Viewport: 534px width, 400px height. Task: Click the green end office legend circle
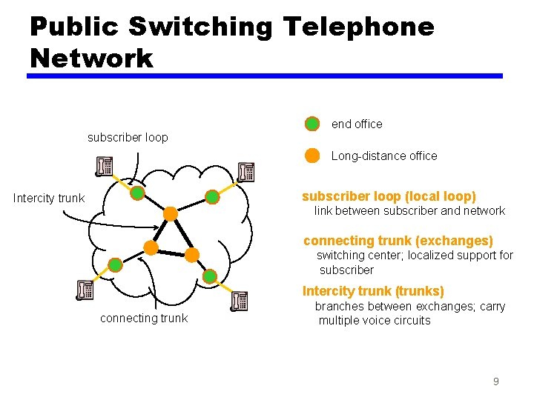tap(312, 124)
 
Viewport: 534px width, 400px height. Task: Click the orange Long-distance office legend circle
tap(312, 156)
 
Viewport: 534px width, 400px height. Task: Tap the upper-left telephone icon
tap(104, 167)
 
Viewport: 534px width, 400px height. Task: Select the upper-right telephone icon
tap(246, 172)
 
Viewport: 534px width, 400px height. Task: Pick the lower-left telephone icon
tap(85, 290)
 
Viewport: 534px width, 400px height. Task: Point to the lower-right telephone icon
tap(239, 301)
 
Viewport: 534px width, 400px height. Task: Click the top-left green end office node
tap(137, 194)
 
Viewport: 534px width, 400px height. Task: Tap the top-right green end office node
tap(212, 197)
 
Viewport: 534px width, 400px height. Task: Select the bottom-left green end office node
tap(115, 264)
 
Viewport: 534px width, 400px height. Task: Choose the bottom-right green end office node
tap(210, 276)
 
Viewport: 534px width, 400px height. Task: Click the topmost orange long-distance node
tap(170, 214)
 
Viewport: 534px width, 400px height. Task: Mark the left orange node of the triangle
tap(151, 248)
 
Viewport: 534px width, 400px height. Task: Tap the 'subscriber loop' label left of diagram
tap(128, 137)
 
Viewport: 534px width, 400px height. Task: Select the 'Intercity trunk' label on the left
tap(49, 198)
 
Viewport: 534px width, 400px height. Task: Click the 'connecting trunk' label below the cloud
tap(144, 318)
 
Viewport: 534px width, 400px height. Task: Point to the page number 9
tap(495, 381)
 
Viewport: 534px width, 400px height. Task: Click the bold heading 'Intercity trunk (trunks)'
tap(373, 291)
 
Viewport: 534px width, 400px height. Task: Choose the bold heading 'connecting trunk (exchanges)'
tap(398, 241)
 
